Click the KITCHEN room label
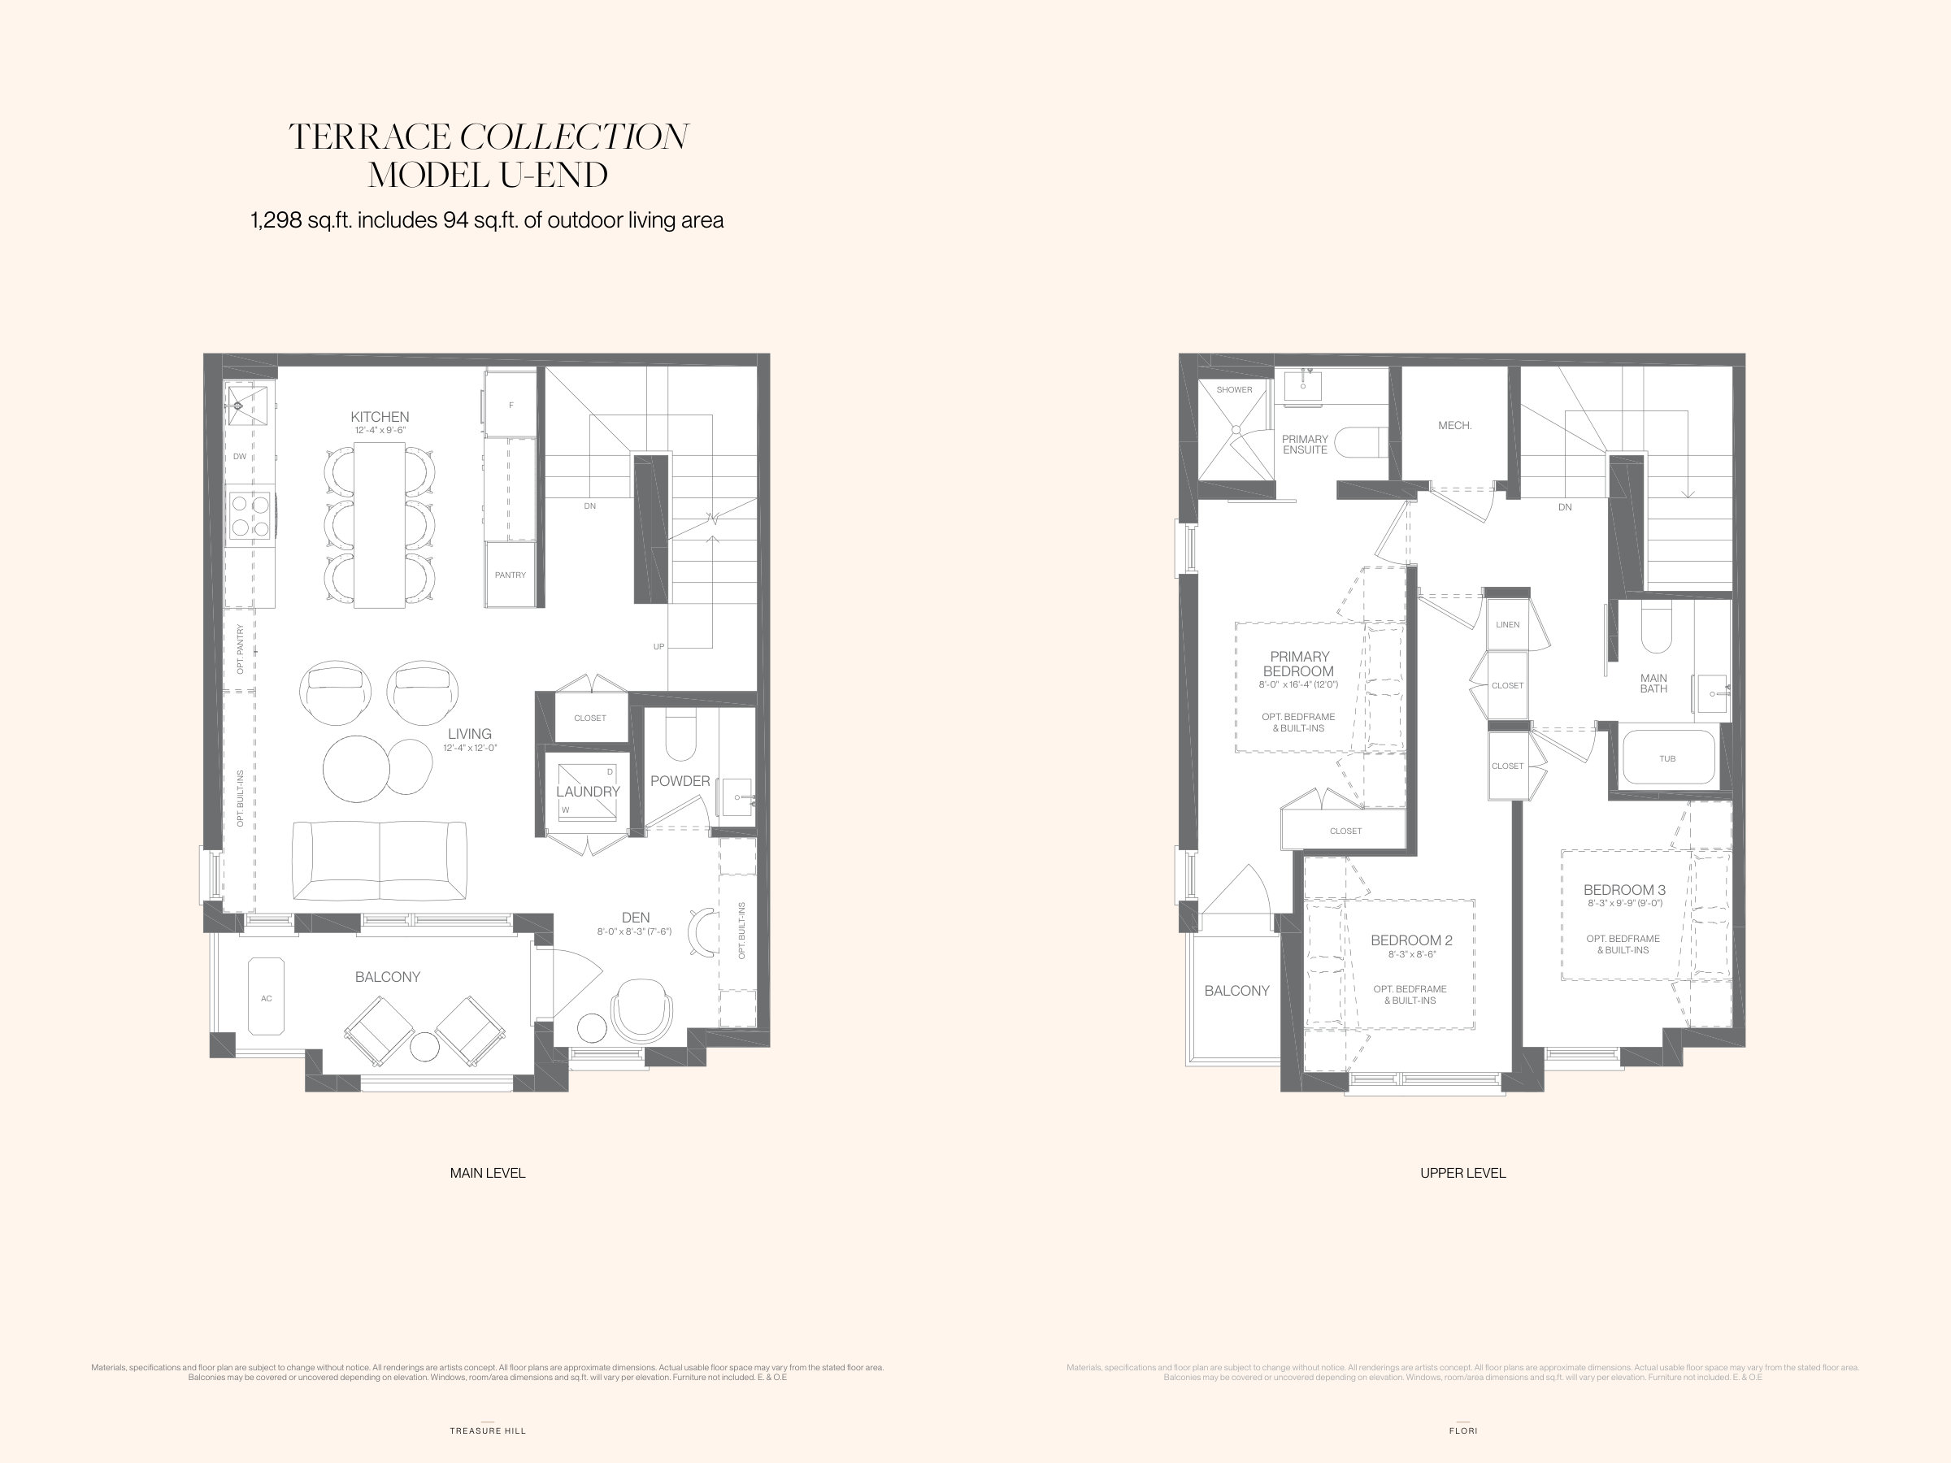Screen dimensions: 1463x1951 pyautogui.click(x=380, y=417)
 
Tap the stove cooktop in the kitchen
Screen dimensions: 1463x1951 pyautogui.click(x=250, y=516)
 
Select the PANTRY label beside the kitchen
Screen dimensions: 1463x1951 pyautogui.click(x=510, y=575)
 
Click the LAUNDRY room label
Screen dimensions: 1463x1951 pyautogui.click(x=588, y=792)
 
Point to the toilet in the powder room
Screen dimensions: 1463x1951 pyautogui.click(x=680, y=737)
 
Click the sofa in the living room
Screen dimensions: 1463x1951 pyautogui.click(x=380, y=861)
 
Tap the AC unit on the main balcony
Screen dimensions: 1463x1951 pyautogui.click(x=267, y=997)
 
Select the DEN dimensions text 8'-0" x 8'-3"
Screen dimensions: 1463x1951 pyautogui.click(x=633, y=932)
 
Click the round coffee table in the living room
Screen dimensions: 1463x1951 pyautogui.click(x=356, y=768)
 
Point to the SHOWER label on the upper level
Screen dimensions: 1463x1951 pyautogui.click(x=1234, y=390)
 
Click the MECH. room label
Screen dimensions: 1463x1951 pyautogui.click(x=1454, y=426)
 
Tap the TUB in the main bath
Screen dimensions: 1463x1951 pyautogui.click(x=1667, y=758)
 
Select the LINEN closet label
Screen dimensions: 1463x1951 pyautogui.click(x=1507, y=625)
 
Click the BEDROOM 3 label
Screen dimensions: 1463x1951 pyautogui.click(x=1623, y=890)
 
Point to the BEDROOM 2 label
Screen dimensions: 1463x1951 pyautogui.click(x=1410, y=941)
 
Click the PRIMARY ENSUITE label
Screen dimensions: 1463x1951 pyautogui.click(x=1305, y=445)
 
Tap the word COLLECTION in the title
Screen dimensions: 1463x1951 pyautogui.click(x=573, y=137)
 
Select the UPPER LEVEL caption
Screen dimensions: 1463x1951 pyautogui.click(x=1462, y=1173)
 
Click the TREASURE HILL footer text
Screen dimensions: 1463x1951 pyautogui.click(x=488, y=1431)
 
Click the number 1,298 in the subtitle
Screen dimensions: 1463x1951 pyautogui.click(x=276, y=220)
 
